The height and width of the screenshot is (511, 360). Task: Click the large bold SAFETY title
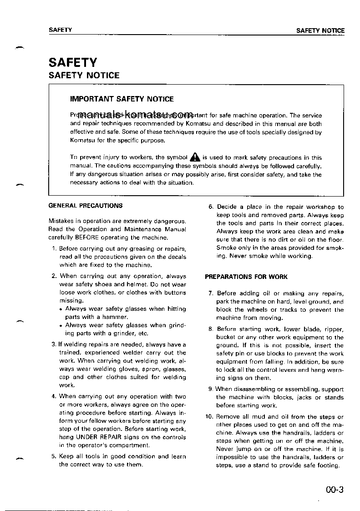point(73,62)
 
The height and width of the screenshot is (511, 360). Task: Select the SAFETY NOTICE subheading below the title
point(84,76)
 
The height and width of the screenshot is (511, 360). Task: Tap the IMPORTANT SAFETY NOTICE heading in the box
point(122,99)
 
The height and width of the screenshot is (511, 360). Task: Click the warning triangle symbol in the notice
point(195,157)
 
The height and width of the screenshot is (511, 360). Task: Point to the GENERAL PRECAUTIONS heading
point(85,206)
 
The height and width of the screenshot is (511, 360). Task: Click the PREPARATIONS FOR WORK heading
point(246,277)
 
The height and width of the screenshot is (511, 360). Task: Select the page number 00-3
point(334,490)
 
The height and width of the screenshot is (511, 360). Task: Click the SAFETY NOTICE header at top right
point(320,31)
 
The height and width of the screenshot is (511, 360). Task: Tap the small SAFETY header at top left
point(60,30)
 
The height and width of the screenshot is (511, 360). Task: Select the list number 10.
point(209,416)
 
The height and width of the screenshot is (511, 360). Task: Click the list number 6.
point(211,207)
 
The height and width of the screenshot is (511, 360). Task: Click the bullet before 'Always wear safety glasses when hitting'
point(61,309)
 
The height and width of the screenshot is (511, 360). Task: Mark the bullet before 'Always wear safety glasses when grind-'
point(61,326)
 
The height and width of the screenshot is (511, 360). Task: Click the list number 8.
point(211,329)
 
